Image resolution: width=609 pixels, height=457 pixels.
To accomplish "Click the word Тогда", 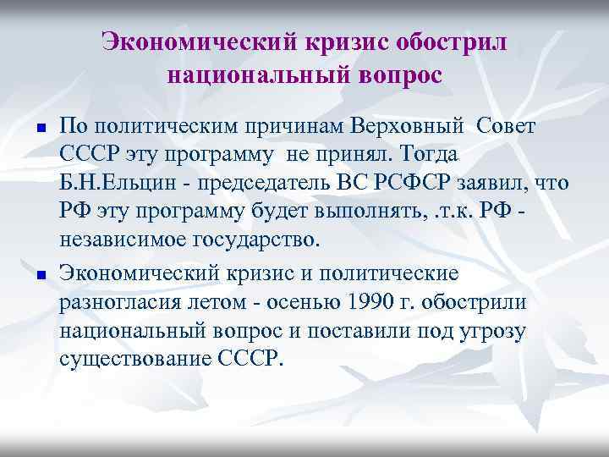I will tap(424, 156).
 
